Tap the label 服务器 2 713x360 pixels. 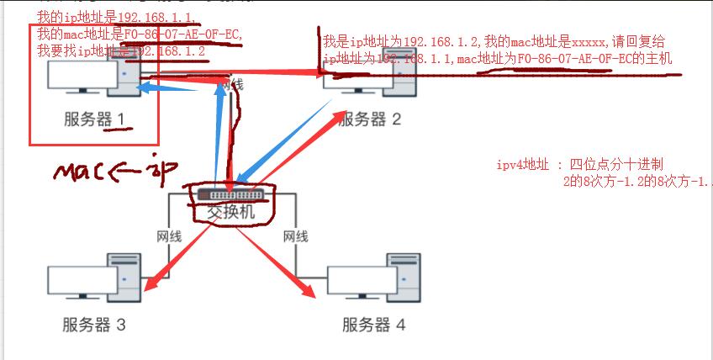coord(370,119)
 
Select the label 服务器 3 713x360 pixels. coord(93,325)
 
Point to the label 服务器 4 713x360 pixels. coord(373,325)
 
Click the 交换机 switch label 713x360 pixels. coord(230,213)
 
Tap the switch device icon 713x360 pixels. coord(231,194)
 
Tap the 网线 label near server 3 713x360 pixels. coord(169,236)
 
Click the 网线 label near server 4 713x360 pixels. coord(295,236)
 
